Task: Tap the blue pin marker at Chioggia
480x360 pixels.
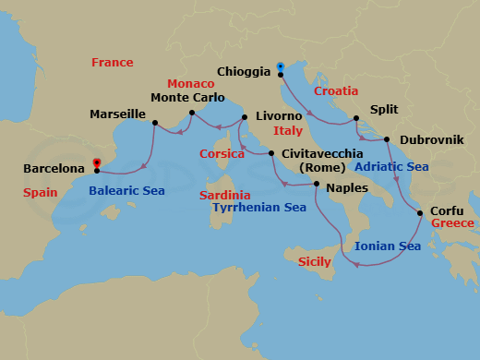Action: point(280,66)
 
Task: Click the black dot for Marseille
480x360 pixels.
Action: point(154,121)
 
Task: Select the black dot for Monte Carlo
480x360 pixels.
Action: point(191,114)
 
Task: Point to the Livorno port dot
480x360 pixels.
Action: point(245,117)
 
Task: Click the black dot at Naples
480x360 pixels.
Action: point(317,185)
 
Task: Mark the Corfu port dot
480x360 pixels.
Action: point(421,213)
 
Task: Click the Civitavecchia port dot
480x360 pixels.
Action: point(271,153)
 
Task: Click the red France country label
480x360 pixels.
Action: point(112,62)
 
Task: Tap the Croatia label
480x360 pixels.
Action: point(336,91)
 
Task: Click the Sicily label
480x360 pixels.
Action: point(315,263)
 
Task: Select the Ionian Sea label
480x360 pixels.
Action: point(388,246)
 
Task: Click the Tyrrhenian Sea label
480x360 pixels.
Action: point(259,208)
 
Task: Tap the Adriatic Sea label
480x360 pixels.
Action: point(391,167)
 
